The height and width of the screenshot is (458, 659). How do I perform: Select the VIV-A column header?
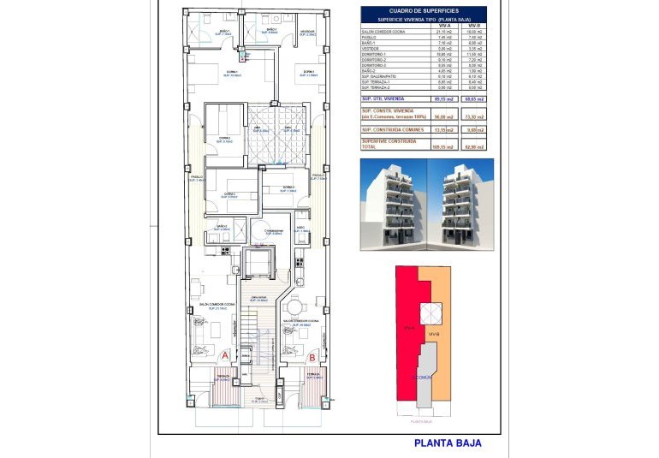click(442, 27)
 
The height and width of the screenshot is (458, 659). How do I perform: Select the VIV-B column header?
click(473, 27)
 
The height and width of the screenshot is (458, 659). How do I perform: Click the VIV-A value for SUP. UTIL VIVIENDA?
click(442, 99)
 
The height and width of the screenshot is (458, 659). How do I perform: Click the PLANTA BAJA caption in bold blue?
click(448, 443)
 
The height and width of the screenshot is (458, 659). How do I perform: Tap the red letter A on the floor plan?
click(225, 355)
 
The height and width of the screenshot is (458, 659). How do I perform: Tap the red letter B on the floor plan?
click(312, 355)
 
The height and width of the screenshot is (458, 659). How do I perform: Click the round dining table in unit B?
click(294, 307)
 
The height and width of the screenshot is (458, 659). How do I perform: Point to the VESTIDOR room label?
click(307, 33)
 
